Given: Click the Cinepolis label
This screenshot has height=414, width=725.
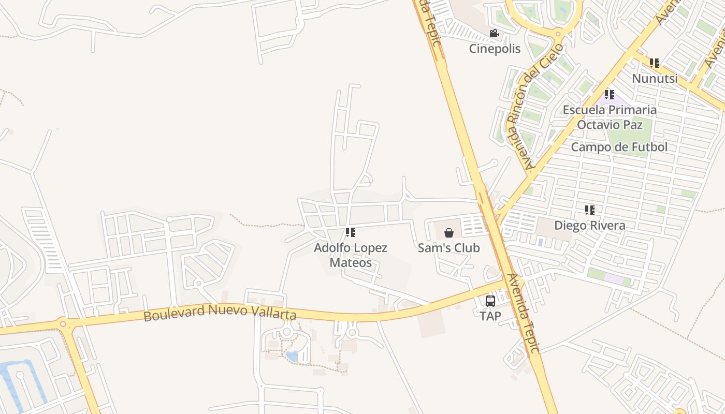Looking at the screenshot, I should click(x=495, y=49).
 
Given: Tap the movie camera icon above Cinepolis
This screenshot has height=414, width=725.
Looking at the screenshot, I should click(x=494, y=34).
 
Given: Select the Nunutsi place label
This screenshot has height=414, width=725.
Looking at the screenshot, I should click(x=655, y=78).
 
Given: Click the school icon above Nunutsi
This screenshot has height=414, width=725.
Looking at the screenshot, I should click(x=655, y=63).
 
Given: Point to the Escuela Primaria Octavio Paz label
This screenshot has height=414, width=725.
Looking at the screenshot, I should click(x=610, y=117).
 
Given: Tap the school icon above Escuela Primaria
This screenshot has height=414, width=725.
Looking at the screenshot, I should click(x=610, y=95).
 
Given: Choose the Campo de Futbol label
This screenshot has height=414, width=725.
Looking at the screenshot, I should click(x=619, y=147).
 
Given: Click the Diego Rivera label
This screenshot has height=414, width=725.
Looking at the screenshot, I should click(x=589, y=226).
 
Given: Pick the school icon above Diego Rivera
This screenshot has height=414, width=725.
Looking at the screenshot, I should click(x=589, y=210).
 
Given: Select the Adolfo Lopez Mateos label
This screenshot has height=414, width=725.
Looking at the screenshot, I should click(x=351, y=255).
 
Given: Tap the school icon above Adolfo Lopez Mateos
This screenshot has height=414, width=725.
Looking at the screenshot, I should click(x=351, y=232).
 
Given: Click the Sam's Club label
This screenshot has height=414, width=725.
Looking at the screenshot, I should click(x=448, y=248).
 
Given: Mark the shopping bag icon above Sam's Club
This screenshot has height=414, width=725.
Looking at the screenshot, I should click(x=449, y=233).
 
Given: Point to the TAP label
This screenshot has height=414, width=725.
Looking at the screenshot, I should click(x=490, y=316).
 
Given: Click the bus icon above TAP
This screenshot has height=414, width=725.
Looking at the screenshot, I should click(x=490, y=301).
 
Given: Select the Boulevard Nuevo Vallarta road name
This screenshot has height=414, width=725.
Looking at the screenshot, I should click(x=220, y=313).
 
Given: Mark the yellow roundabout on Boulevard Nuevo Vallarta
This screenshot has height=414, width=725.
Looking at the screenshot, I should click(x=63, y=324).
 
